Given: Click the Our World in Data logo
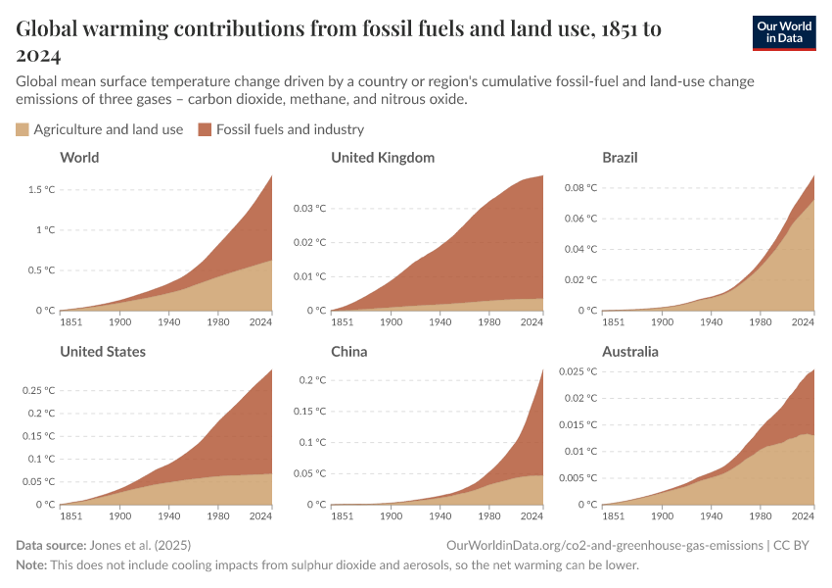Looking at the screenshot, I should pos(783,32).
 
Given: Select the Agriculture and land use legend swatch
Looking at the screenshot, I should pos(23,129).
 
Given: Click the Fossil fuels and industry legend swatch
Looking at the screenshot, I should pos(205,129).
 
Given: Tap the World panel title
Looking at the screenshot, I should pos(79,158).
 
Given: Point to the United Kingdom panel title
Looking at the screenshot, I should pos(383,158).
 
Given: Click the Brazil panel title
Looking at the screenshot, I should pos(621,158).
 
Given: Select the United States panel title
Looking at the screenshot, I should pos(103,352).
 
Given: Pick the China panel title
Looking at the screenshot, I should pos(349,352).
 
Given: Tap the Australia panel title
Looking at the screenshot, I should pos(630,352).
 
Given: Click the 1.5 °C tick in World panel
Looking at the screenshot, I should pos(41,189).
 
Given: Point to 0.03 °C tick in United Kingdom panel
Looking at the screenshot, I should pos(309,208).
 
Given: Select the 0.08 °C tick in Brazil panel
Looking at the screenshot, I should pos(580,187).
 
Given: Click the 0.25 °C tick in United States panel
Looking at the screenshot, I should pos(38,390).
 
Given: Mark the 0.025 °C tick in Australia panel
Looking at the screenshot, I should pos(578,370).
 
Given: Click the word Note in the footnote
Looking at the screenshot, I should pos(31,565).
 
